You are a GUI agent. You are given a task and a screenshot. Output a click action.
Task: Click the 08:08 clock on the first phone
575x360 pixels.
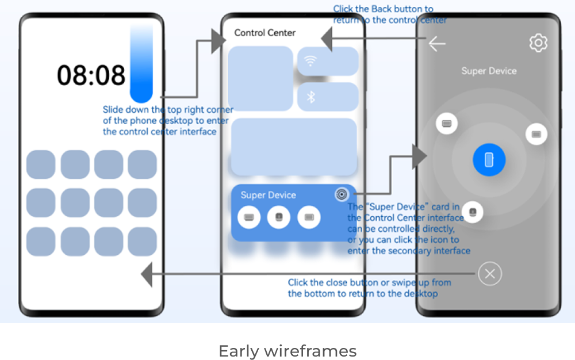click(x=91, y=75)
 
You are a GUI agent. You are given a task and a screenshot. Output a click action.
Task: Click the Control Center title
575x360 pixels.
click(x=265, y=33)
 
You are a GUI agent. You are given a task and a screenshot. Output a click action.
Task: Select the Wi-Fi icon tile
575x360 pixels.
click(x=328, y=62)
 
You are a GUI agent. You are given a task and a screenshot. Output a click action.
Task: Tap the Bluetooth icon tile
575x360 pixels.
click(x=328, y=97)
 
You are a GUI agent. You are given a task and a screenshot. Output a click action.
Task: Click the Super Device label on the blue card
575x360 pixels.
click(x=268, y=195)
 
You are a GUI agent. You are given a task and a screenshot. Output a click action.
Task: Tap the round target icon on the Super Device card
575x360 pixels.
click(x=342, y=194)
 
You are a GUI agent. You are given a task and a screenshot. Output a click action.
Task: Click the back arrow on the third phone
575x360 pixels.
click(x=437, y=44)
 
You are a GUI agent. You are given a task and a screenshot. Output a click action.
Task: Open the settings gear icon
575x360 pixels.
click(x=538, y=43)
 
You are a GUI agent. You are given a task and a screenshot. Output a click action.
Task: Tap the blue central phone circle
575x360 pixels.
click(x=489, y=160)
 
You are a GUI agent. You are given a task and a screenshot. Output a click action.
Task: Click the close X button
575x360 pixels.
click(x=490, y=274)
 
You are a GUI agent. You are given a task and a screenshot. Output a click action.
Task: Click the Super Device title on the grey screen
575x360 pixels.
click(x=489, y=71)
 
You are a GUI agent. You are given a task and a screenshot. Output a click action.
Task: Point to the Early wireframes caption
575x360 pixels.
click(x=287, y=351)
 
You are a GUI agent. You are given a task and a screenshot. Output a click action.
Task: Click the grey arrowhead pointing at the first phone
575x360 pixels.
click(x=147, y=274)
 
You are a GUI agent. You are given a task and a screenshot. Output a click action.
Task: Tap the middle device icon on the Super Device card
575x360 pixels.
click(x=278, y=217)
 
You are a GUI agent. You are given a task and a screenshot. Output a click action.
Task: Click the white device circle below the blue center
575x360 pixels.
click(x=472, y=212)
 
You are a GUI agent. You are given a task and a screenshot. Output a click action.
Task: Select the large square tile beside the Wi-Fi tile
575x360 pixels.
click(x=260, y=78)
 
